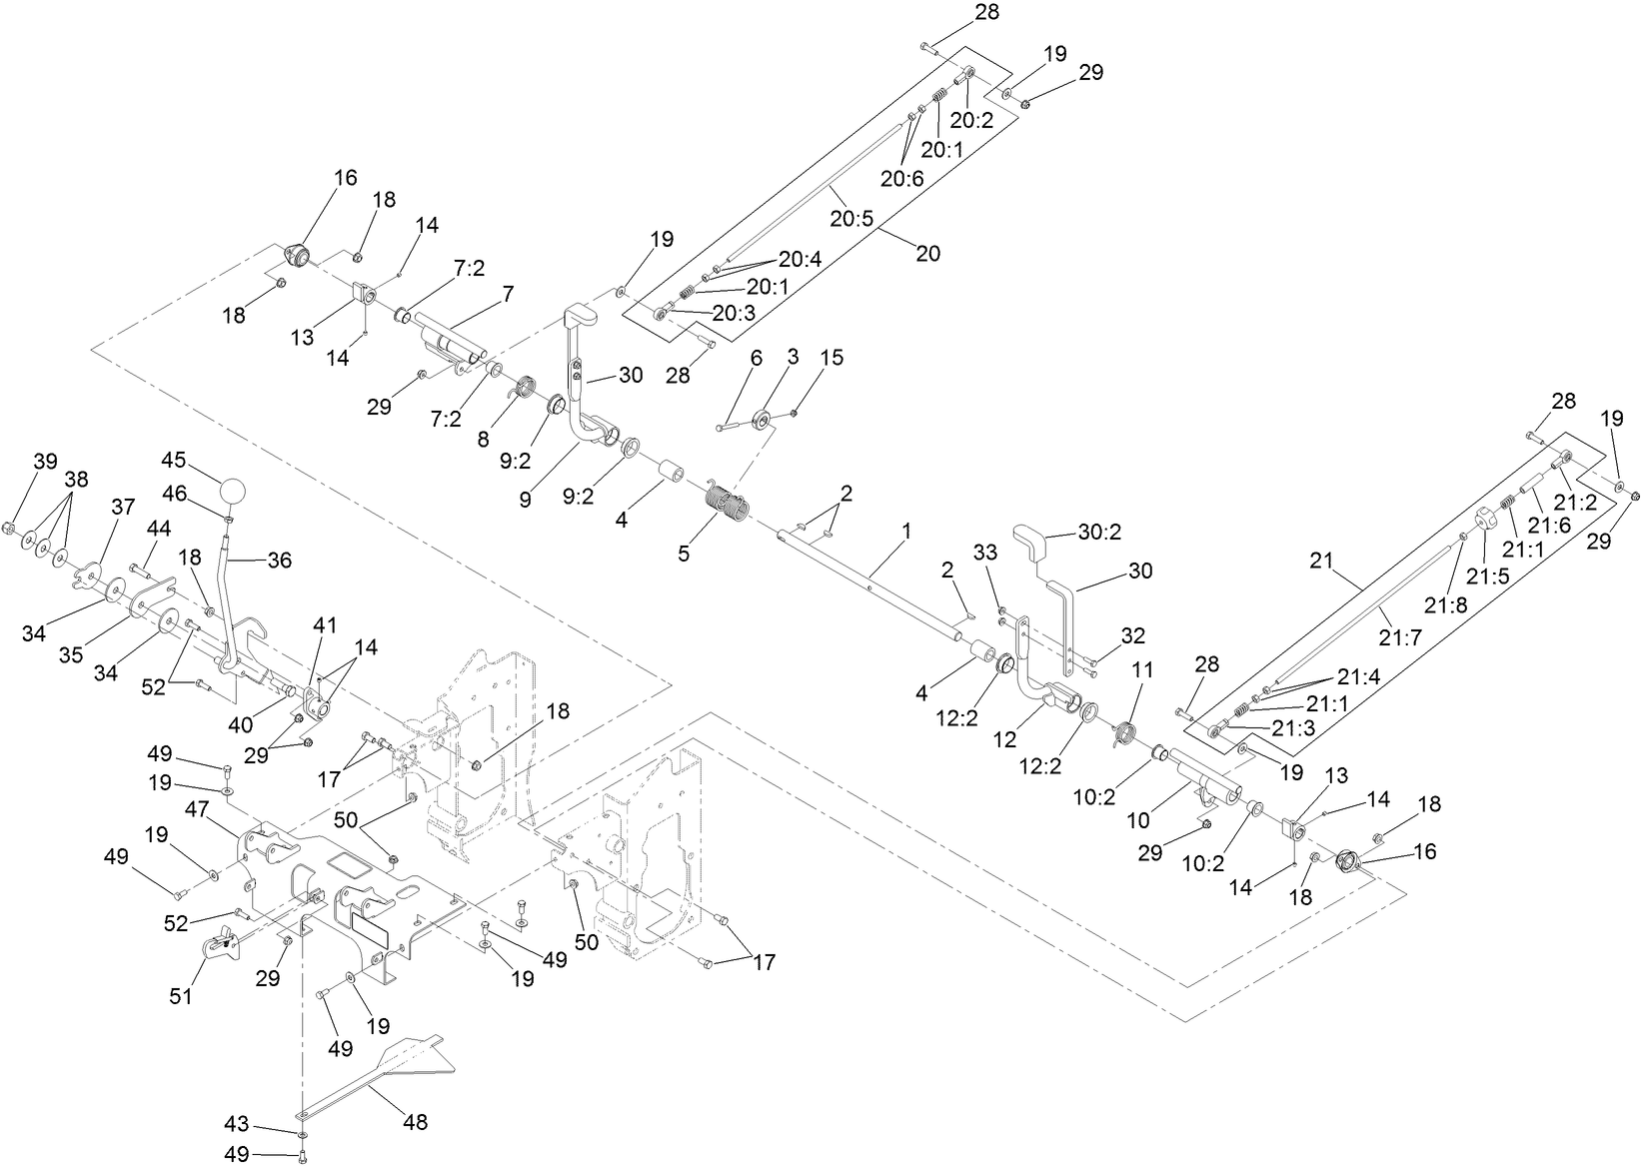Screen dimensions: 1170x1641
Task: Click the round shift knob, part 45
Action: point(232,492)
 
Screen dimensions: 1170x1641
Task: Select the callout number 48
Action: point(415,1122)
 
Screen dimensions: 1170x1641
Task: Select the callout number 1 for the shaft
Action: point(905,531)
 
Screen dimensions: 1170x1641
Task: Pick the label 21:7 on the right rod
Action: point(1401,636)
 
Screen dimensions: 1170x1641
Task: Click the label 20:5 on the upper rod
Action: point(851,217)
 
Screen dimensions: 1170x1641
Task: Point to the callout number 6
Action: point(757,358)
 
